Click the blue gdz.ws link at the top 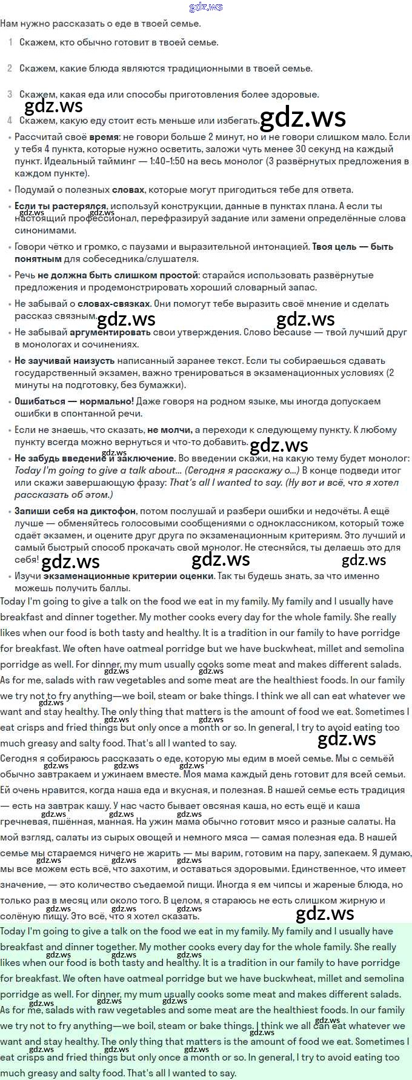click(x=206, y=7)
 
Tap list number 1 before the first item click(x=10, y=42)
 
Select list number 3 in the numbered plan click(x=10, y=95)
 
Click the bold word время click(x=104, y=137)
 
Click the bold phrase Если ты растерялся click(x=60, y=206)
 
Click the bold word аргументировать click(x=110, y=332)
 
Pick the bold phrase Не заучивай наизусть click(x=64, y=361)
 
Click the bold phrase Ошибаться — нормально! click(x=74, y=401)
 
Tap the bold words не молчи click(x=169, y=430)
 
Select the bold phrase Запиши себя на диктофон click(x=75, y=511)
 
